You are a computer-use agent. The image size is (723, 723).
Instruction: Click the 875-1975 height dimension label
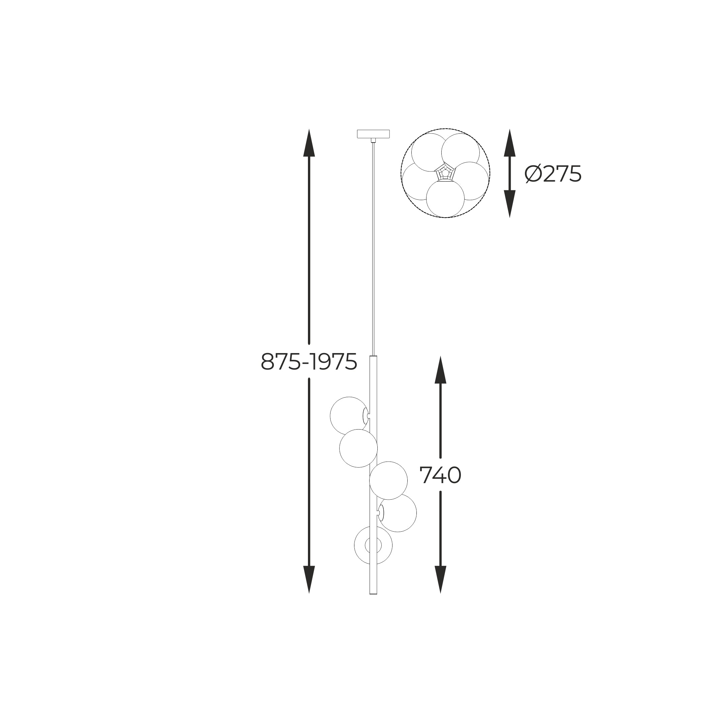pos(309,362)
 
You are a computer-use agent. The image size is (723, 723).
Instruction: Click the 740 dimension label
pos(440,475)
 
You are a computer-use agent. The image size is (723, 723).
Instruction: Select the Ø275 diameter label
pos(553,174)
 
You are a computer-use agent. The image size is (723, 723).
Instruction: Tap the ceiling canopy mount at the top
pos(373,134)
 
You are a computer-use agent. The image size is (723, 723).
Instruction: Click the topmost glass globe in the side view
pos(348,416)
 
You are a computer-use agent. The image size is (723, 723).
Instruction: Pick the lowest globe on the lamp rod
pos(373,545)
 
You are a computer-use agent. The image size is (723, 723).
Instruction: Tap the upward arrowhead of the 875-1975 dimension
pos(309,143)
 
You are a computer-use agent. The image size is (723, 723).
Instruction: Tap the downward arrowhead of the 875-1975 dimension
pos(309,580)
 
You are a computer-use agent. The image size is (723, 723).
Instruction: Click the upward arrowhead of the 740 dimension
pos(440,369)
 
